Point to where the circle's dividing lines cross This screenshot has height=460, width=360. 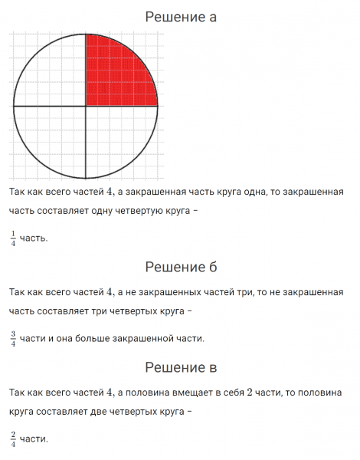click(85, 106)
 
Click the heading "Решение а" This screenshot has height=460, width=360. click(181, 17)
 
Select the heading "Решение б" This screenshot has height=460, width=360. click(181, 267)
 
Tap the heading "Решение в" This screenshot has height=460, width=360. click(181, 368)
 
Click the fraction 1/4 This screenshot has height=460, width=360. click(13, 238)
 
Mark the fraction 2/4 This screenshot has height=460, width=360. click(13, 439)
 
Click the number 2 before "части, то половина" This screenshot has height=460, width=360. click(250, 393)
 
